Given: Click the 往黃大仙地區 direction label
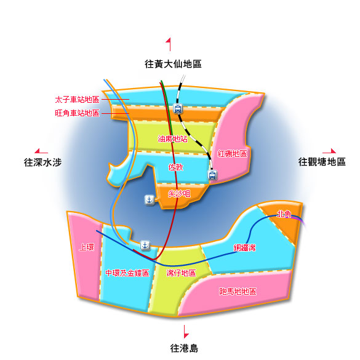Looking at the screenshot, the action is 173,64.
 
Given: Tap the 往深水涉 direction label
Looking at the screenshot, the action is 43,162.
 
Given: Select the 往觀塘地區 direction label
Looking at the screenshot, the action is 322,162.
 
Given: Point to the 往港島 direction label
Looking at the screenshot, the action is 184,348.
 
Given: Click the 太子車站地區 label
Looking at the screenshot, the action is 77,100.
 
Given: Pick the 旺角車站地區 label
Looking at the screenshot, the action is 77,113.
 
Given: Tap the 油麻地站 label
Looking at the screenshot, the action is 173,138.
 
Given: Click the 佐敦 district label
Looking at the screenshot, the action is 176,167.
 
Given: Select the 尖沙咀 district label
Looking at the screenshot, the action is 179,194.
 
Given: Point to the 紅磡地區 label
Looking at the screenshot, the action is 233,153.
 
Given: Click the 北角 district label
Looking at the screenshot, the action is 284,214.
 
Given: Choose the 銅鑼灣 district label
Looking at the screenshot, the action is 244,248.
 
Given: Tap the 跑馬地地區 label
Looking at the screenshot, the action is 238,291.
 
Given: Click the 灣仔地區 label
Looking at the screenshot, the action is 181,273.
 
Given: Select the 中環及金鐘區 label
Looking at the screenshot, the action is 127,273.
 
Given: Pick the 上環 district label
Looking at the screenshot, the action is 87,247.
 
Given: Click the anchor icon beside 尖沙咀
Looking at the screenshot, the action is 150,200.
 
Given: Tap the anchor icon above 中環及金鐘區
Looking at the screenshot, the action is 145,246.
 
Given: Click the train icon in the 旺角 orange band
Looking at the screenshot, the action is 178,108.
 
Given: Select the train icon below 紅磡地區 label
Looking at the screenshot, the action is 212,175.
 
